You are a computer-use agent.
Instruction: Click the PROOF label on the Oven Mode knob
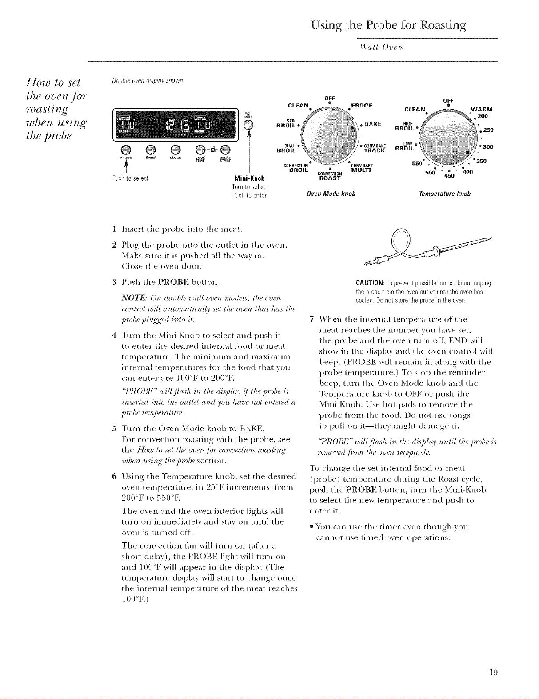point(362,106)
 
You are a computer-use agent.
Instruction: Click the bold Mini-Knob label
point(240,178)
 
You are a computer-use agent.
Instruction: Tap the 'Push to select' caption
point(130,178)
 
